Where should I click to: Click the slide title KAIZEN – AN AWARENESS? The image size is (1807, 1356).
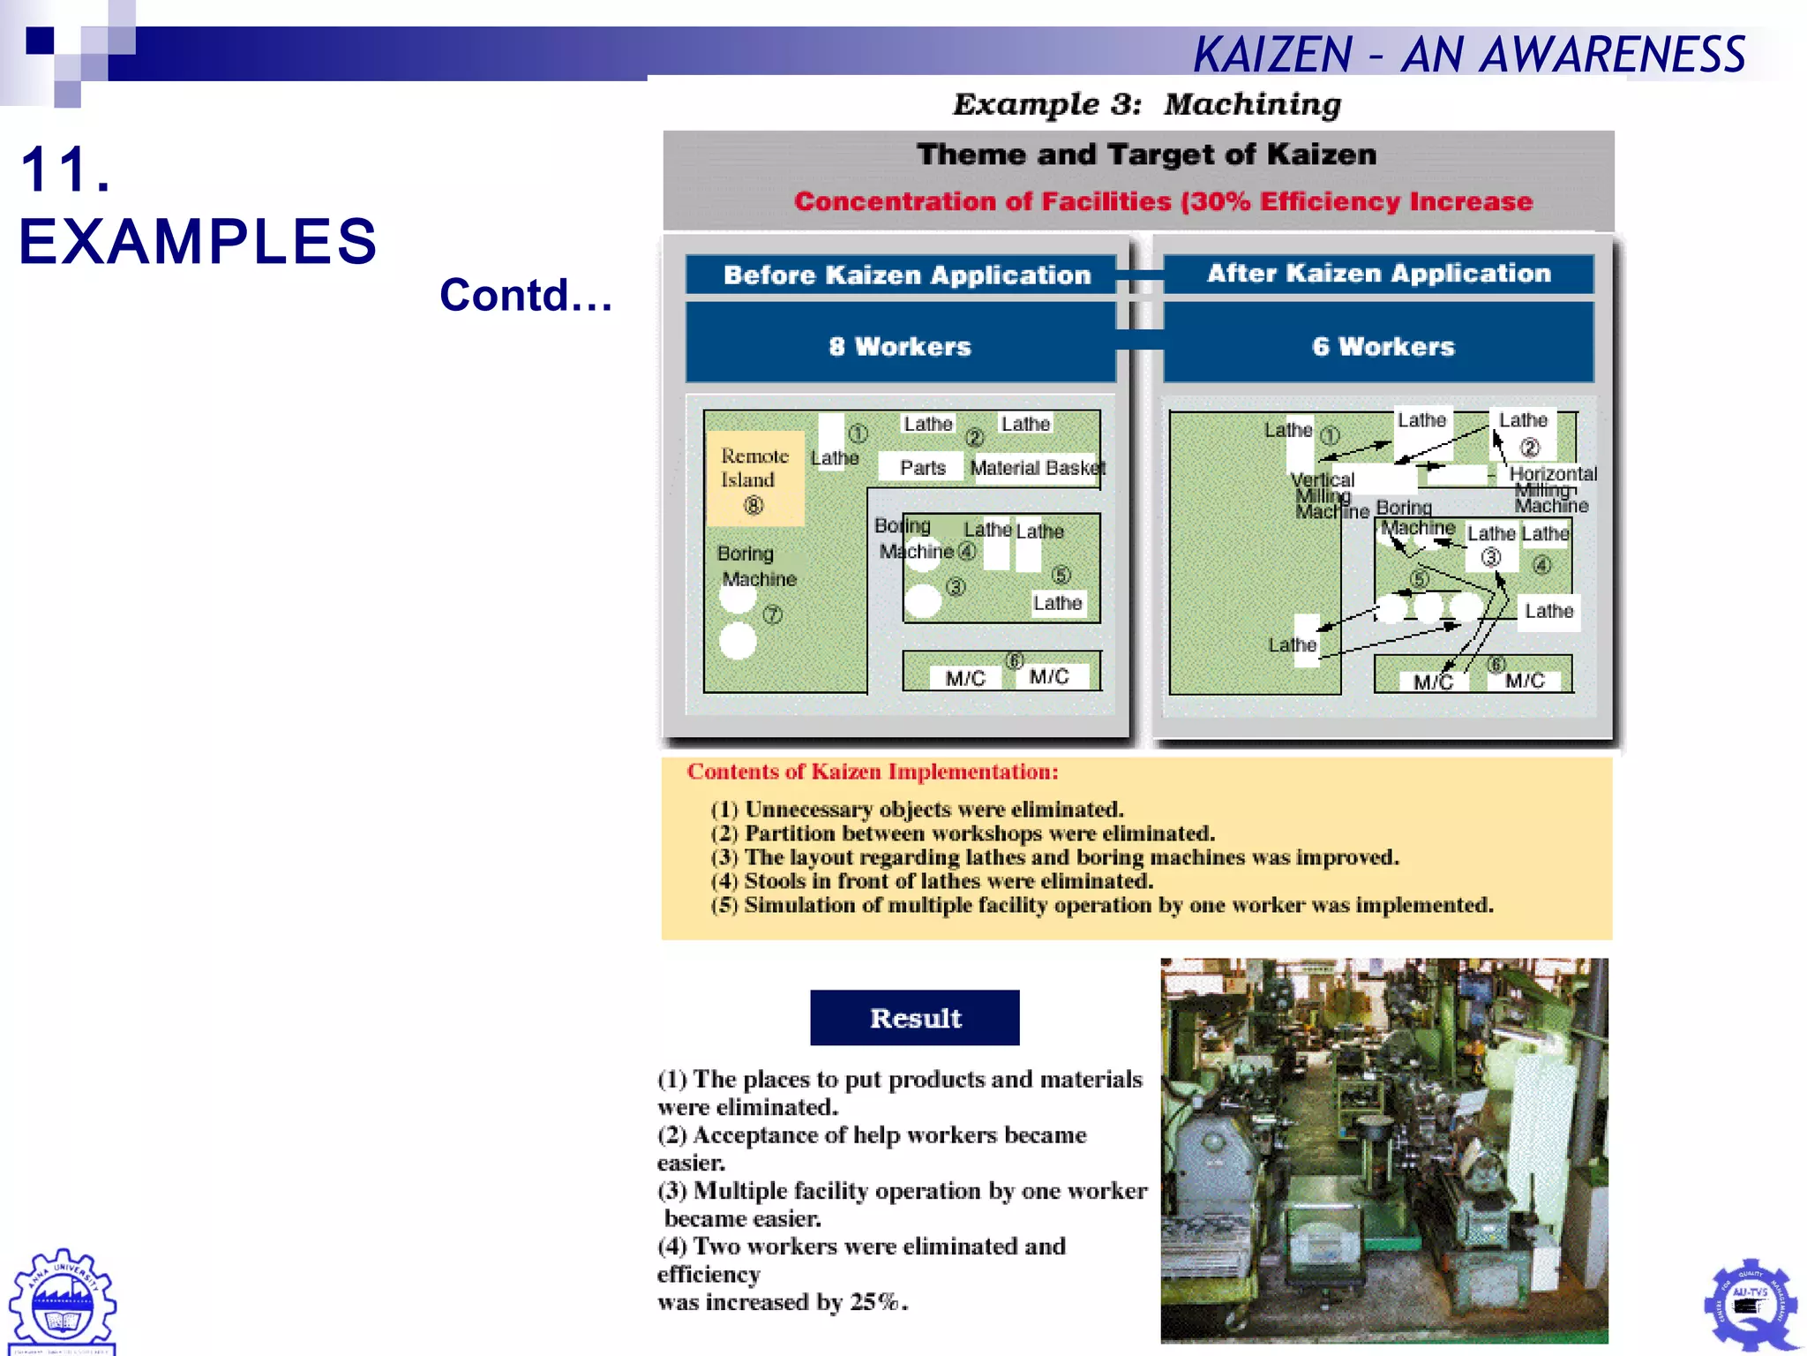click(x=1468, y=55)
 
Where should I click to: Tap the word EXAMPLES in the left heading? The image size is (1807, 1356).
click(x=198, y=241)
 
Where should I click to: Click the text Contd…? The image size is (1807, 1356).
click(x=526, y=295)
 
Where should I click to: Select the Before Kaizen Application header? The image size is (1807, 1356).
click(x=906, y=275)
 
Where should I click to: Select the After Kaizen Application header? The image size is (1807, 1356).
click(x=1378, y=273)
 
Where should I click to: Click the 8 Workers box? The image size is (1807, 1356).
click(x=900, y=346)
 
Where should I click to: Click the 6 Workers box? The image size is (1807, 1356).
click(x=1382, y=346)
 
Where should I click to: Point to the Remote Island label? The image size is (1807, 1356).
click(x=754, y=468)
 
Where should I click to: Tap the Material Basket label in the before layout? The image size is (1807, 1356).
click(x=1037, y=468)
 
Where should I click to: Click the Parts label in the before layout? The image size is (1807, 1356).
click(x=922, y=468)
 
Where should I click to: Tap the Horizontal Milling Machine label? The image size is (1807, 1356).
click(x=1552, y=489)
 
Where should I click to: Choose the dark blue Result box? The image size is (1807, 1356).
click(x=915, y=1018)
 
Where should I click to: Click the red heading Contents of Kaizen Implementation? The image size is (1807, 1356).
click(x=872, y=772)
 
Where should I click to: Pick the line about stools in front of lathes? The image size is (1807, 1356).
click(x=932, y=881)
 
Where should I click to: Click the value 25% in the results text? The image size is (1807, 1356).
click(x=875, y=1302)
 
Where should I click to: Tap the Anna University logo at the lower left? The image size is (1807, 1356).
click(x=62, y=1299)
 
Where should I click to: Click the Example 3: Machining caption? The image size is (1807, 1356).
click(x=1146, y=104)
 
